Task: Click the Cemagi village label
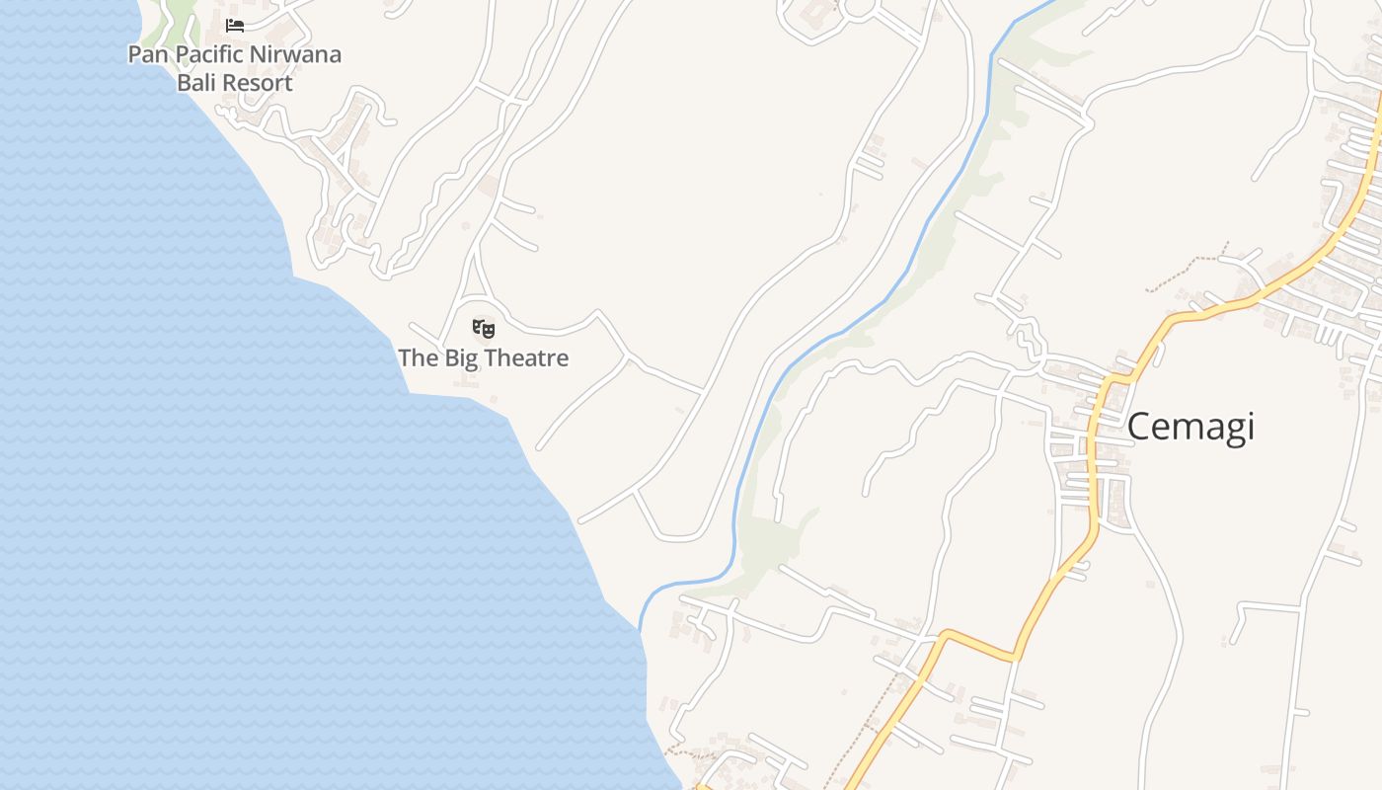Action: (x=1190, y=427)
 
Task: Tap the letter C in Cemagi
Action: (x=1139, y=427)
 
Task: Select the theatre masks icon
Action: (x=483, y=328)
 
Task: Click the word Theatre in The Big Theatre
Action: (x=524, y=357)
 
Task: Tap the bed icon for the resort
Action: (x=235, y=26)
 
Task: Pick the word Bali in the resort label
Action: (x=196, y=83)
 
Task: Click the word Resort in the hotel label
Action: (x=258, y=83)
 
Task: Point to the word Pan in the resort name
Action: (x=148, y=54)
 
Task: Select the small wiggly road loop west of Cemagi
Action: (x=1027, y=341)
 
